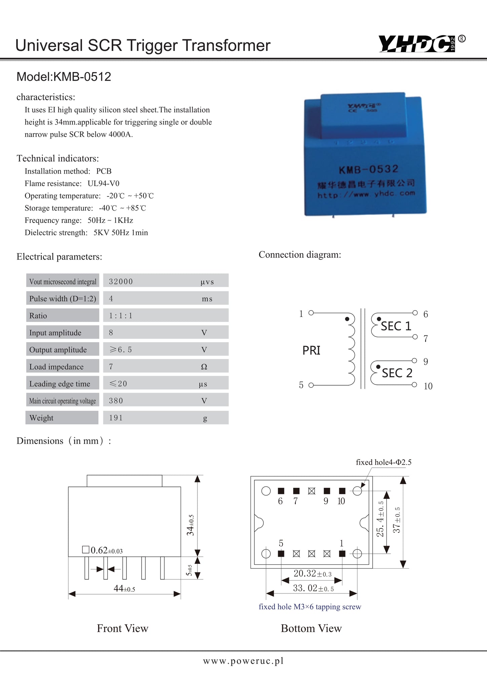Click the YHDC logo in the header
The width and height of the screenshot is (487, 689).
(x=417, y=44)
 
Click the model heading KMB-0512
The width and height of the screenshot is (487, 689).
(x=64, y=77)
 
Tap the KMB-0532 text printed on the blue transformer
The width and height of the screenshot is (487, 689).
(x=368, y=169)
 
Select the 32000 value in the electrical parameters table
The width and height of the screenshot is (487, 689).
(x=121, y=281)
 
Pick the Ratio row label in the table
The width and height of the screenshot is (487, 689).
(x=38, y=316)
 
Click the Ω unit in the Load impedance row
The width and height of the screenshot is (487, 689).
(x=204, y=367)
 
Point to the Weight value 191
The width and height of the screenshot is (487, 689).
(x=116, y=418)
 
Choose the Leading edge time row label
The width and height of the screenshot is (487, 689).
(x=60, y=384)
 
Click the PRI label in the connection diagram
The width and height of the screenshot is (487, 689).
(x=311, y=351)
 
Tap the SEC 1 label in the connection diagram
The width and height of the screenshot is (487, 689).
(x=396, y=326)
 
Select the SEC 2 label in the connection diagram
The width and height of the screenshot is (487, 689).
(x=397, y=373)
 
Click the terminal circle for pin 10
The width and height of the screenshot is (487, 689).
(x=415, y=385)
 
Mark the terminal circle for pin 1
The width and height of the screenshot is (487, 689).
(x=311, y=313)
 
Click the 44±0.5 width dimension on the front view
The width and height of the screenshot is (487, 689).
(x=124, y=588)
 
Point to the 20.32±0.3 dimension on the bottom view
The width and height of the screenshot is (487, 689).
(x=312, y=574)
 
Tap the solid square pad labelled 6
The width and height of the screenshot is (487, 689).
(x=281, y=491)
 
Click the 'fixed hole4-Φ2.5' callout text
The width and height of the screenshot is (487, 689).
(x=383, y=462)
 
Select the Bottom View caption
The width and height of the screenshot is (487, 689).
(x=311, y=628)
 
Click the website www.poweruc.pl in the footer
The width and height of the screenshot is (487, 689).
(x=243, y=661)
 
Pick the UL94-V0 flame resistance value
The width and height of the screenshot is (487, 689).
(x=104, y=183)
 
